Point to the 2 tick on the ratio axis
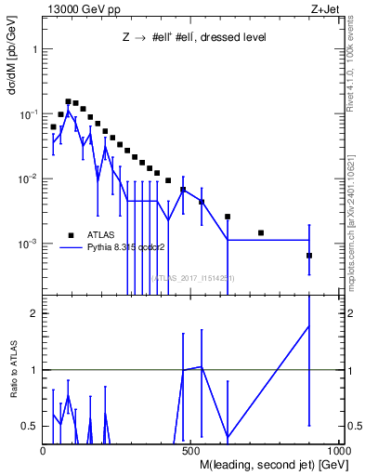point(33,313)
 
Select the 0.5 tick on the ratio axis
point(30,426)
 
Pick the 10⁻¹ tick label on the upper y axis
point(28,113)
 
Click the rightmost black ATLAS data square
point(309,256)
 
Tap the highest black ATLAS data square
point(68,101)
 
